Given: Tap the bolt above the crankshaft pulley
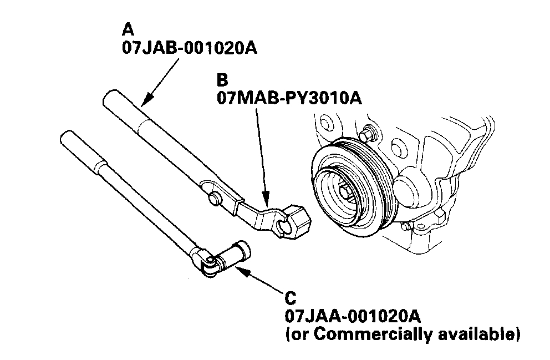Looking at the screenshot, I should coord(366,135).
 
